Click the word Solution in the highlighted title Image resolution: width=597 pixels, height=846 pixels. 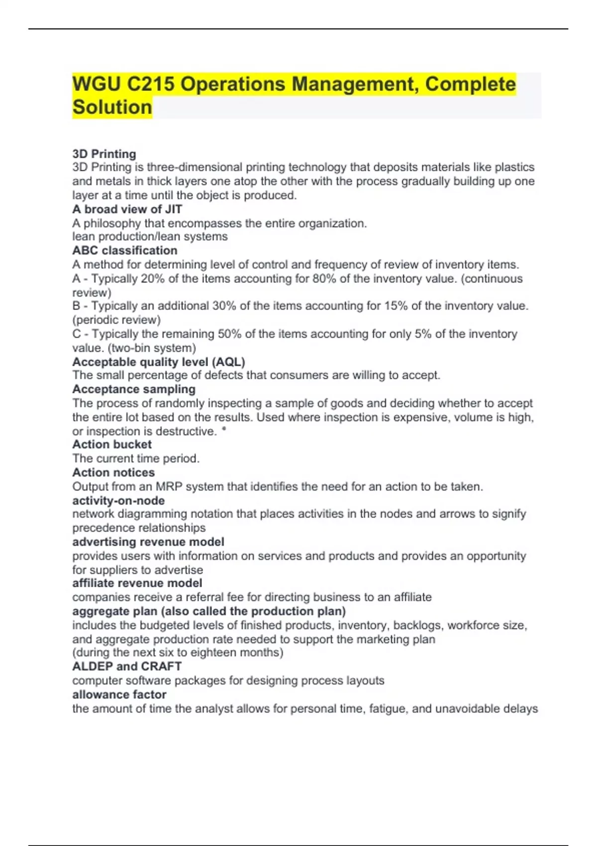point(112,107)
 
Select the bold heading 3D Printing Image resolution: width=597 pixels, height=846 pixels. point(104,154)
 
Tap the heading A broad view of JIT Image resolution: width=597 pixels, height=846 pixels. point(127,209)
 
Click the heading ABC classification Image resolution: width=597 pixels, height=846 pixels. point(124,250)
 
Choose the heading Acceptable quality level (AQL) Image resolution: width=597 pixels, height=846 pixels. point(159,362)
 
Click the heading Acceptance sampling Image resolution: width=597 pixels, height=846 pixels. point(134,389)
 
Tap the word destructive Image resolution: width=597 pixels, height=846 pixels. point(187,431)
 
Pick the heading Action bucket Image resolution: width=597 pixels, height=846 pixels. point(112,444)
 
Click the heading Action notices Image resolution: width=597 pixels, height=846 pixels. point(113,472)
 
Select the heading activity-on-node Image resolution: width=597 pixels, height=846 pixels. point(118,501)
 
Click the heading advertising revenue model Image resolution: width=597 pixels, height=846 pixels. point(148,541)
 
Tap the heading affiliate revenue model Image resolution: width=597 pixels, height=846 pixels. point(137,583)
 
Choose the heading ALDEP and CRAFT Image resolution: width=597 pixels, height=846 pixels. point(127,666)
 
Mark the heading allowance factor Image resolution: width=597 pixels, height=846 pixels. point(119,694)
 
